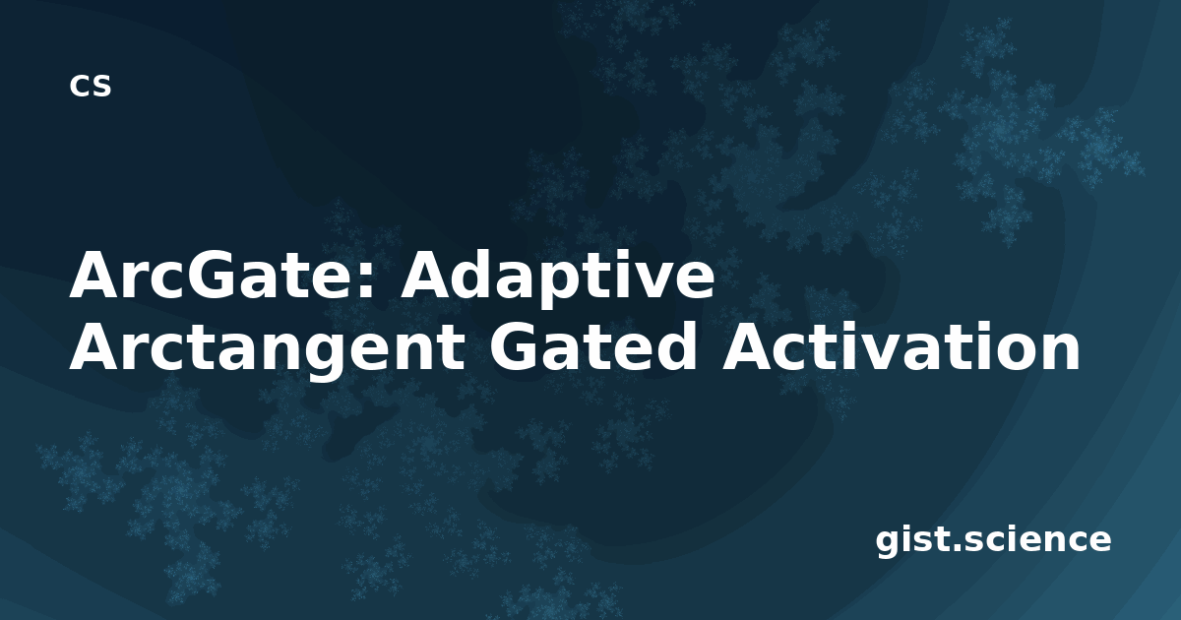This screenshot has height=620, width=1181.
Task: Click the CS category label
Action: click(x=91, y=86)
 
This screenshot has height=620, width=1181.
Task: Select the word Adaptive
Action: click(x=557, y=279)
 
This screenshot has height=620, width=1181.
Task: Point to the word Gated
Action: click(x=593, y=345)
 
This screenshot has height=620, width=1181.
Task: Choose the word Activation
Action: click(x=901, y=345)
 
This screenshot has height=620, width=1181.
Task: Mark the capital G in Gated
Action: click(x=516, y=346)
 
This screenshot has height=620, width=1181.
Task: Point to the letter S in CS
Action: click(x=100, y=86)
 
